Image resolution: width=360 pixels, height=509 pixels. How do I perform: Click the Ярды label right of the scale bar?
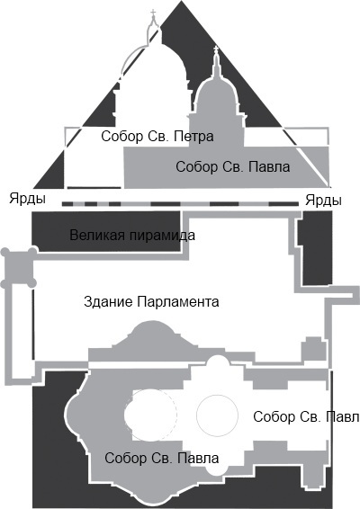coord(323,199)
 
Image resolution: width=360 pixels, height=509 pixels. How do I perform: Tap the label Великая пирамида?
coord(131,236)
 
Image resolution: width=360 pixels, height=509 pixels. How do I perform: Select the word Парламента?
coord(177,302)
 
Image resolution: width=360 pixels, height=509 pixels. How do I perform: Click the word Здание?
coord(107,302)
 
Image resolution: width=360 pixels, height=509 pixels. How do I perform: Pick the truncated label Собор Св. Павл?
coord(306,416)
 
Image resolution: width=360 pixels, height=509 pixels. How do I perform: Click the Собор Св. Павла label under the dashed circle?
coord(161,459)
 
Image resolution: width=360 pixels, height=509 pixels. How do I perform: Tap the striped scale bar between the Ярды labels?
coord(180,204)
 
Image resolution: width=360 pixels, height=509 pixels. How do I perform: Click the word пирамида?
coord(163,236)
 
